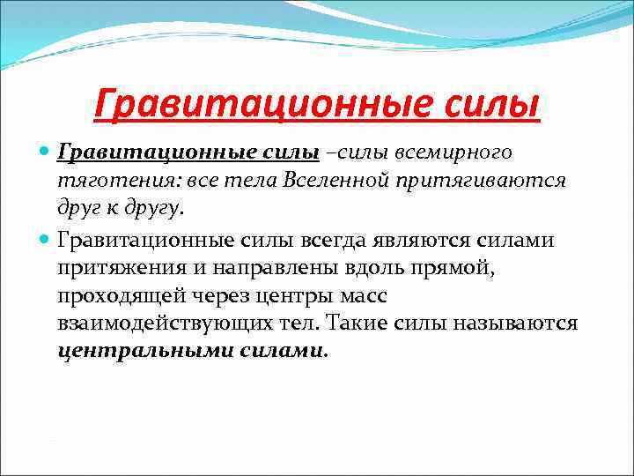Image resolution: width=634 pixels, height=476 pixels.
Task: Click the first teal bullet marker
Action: [46, 152]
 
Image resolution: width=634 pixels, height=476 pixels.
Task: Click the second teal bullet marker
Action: [46, 238]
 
